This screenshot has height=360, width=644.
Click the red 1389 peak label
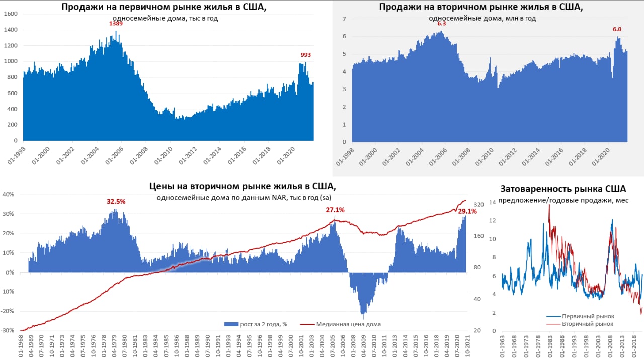(116, 24)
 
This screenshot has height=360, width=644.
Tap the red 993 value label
(305, 55)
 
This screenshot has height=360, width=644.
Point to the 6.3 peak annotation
(441, 24)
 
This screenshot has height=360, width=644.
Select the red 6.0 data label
(617, 29)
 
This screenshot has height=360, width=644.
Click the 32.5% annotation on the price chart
(116, 201)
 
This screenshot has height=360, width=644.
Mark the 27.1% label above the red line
(335, 210)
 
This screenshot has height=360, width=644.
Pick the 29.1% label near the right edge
(467, 212)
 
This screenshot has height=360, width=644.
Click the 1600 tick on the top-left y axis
(11, 14)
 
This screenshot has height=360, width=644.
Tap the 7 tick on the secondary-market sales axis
(345, 19)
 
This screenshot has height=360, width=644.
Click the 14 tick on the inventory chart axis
(492, 202)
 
